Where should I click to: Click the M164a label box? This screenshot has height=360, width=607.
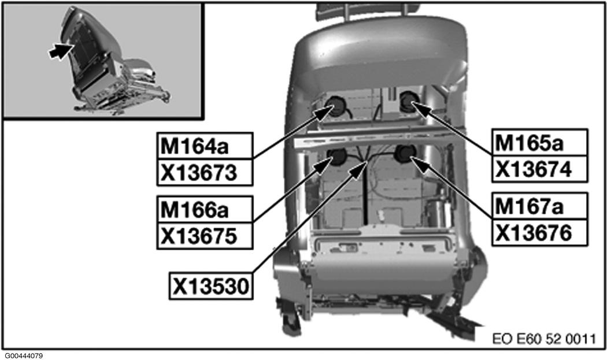pos(205,146)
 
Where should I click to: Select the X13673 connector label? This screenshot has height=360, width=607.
pos(205,172)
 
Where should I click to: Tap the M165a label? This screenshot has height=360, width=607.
pos(539,143)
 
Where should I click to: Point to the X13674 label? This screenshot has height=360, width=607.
pos(539,169)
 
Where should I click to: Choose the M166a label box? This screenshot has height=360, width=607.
pos(205,209)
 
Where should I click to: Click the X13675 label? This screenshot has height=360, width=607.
pos(205,236)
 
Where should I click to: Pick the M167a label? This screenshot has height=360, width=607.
pos(539,206)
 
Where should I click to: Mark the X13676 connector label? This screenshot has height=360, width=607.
pos(539,232)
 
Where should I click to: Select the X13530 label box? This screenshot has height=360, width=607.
pos(211,287)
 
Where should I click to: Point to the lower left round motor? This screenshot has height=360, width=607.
pos(337,156)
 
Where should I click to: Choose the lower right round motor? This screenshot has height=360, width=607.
pos(405,153)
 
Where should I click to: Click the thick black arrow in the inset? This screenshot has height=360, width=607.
pos(61,51)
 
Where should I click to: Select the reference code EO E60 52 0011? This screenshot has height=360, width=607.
pos(544,339)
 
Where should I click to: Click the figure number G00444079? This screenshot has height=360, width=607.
pos(24,356)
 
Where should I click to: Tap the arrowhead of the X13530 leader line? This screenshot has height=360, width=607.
pos(359,169)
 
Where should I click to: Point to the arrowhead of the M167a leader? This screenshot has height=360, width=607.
pos(420,165)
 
